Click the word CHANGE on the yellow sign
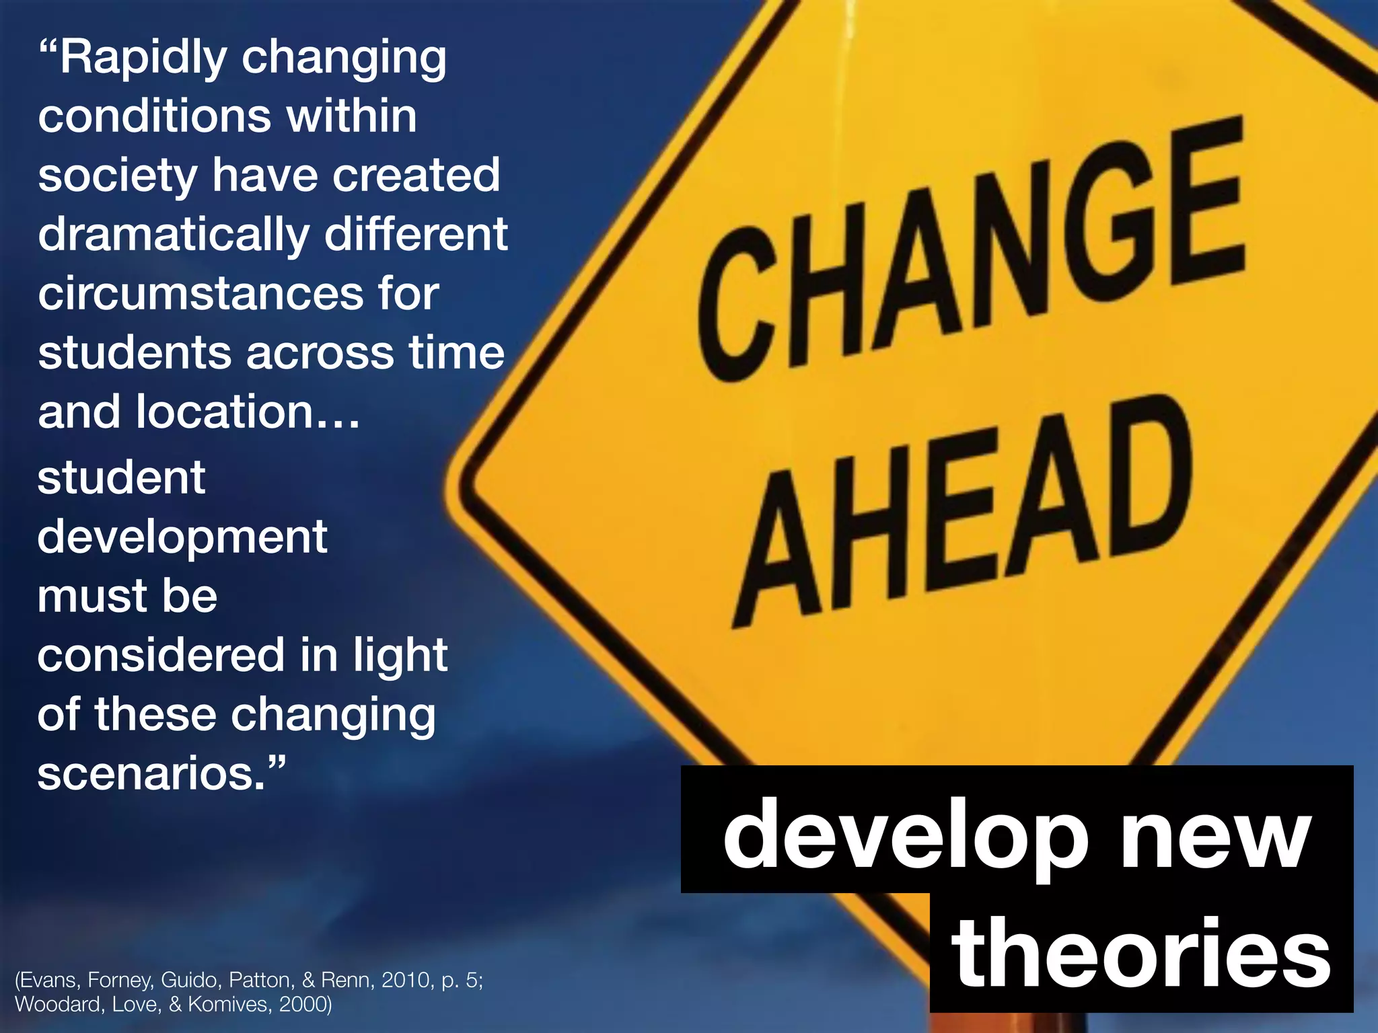point(969,242)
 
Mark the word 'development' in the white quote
point(182,538)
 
